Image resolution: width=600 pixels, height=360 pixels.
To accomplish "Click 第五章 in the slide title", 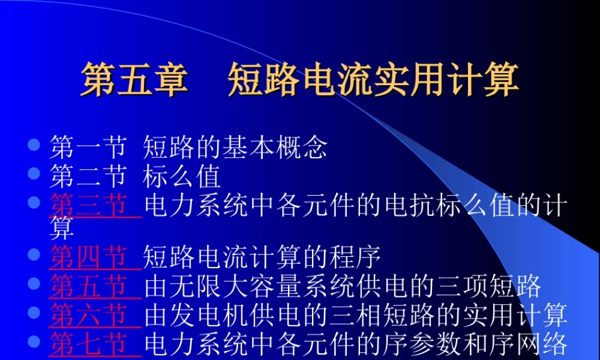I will tap(134, 81).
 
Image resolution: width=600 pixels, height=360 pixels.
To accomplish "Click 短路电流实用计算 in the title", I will tap(373, 81).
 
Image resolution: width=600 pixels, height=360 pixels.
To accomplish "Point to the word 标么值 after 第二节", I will tap(182, 176).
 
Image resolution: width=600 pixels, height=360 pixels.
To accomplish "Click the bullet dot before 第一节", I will tap(34, 145).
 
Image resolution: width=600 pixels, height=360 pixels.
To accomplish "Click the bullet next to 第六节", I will tap(34, 313).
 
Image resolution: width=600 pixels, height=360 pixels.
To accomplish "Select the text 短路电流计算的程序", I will tap(262, 257).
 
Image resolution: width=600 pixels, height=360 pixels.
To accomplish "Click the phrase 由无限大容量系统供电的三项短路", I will tap(343, 286).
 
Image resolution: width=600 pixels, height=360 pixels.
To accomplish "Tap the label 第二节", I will tap(88, 176).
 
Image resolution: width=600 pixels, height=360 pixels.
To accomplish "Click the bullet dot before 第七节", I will tap(34, 341).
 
